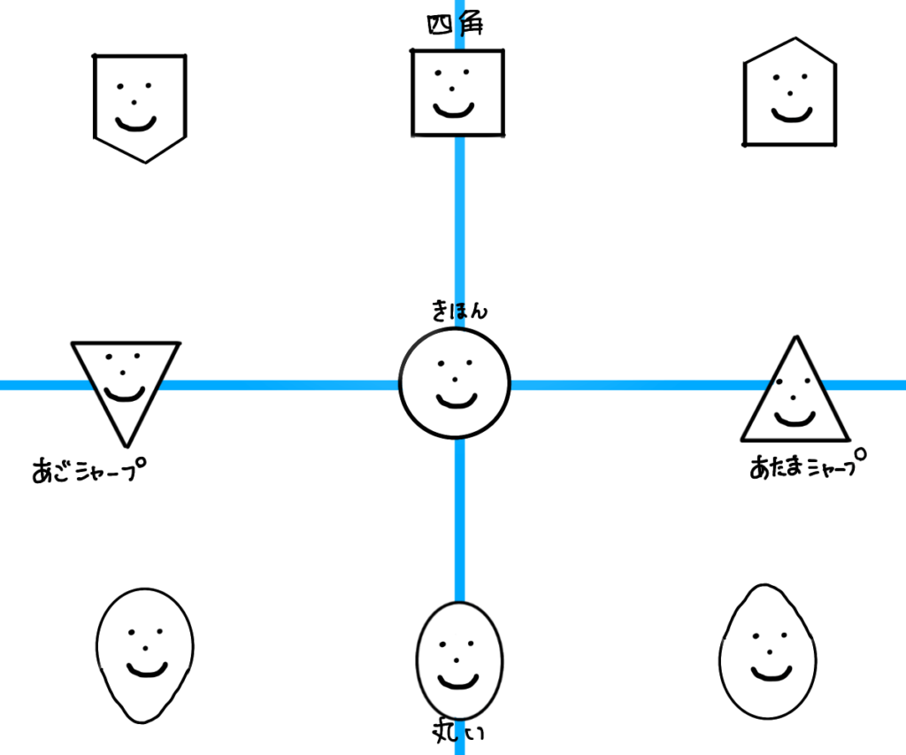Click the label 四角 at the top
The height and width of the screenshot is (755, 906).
point(455,26)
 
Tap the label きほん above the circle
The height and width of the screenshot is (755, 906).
point(459,311)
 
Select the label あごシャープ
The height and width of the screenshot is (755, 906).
point(88,469)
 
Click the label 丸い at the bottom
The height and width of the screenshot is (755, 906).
point(458,731)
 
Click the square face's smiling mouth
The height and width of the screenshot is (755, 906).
point(453,111)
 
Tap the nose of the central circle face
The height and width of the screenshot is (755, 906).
point(455,380)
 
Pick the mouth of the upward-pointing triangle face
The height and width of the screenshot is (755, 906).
point(795,417)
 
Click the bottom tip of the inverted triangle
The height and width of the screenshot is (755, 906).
point(126,444)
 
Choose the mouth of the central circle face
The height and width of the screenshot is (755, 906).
point(457,403)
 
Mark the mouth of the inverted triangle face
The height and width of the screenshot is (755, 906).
point(124,393)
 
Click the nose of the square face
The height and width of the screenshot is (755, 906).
point(453,89)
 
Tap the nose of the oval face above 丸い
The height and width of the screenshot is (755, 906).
point(457,659)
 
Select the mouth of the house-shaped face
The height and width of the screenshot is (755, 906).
point(791,115)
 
